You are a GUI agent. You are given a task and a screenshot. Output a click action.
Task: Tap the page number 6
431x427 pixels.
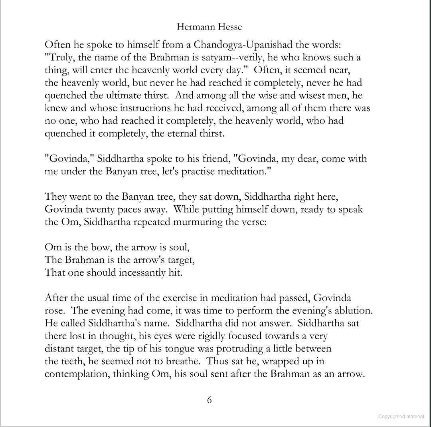(209, 400)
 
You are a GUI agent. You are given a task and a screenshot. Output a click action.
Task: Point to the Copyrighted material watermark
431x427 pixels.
(401, 417)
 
